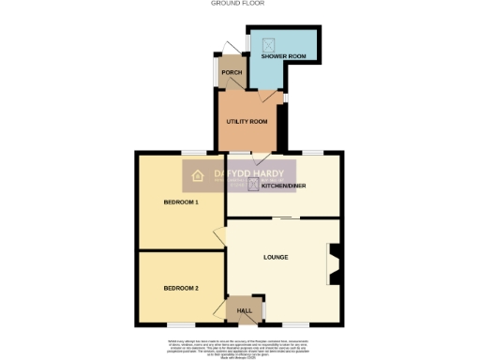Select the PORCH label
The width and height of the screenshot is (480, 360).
(x=231, y=72)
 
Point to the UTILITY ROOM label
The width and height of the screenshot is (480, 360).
(x=247, y=122)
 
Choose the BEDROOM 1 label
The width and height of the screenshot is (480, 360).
(x=180, y=202)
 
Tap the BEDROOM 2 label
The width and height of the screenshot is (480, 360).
(x=180, y=287)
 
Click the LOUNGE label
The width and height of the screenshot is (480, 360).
(x=275, y=257)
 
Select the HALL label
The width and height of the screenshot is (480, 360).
(x=244, y=310)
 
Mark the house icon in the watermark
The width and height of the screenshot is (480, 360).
(x=198, y=174)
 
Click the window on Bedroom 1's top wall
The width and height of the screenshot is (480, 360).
(x=194, y=152)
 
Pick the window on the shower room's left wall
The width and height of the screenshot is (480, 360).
(x=246, y=43)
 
